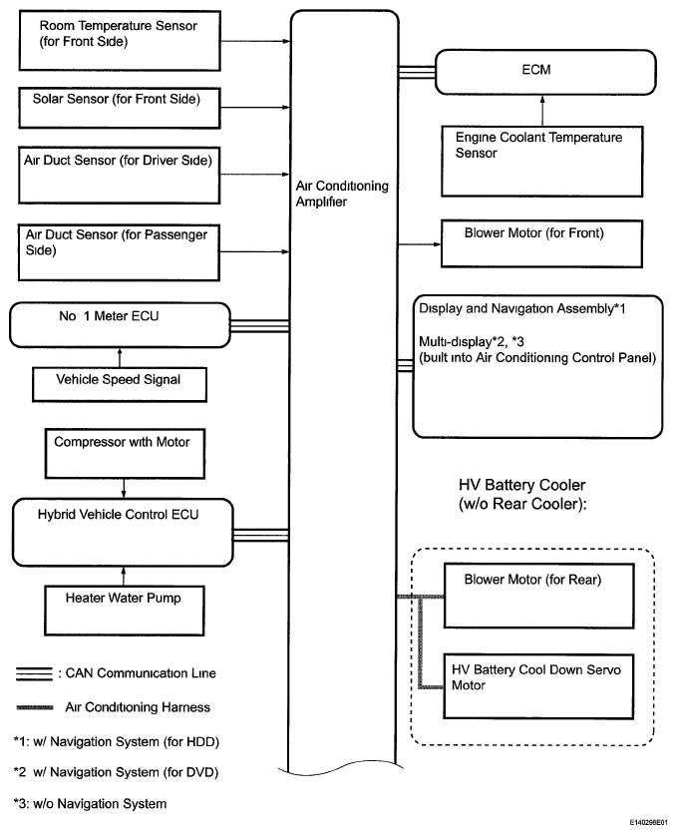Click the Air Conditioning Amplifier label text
[x=342, y=194]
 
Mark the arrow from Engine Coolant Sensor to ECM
[x=542, y=111]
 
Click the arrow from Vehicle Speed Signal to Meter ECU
[x=120, y=357]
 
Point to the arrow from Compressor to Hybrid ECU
[x=124, y=488]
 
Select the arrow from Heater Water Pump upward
[x=124, y=576]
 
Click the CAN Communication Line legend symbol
[x=35, y=673]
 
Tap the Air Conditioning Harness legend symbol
[x=35, y=707]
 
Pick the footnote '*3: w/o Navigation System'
[x=91, y=804]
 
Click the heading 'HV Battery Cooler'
[x=521, y=485]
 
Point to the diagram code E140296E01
[x=649, y=822]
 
